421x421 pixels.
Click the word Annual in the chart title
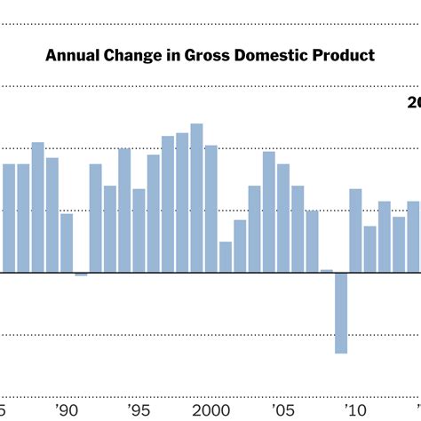[71, 56]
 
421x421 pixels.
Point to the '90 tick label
[66, 409]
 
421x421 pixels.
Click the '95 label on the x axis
[139, 409]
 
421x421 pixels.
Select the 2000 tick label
[210, 409]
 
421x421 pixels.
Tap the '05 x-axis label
[283, 409]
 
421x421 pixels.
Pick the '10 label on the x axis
[356, 409]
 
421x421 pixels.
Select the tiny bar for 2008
[327, 271]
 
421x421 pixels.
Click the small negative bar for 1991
[81, 274]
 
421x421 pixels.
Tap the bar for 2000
[210, 209]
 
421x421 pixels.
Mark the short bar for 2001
[226, 257]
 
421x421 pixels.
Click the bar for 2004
[268, 212]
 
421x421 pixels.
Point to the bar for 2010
[355, 231]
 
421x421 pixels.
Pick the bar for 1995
[139, 230]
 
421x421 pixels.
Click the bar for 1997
[168, 204]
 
